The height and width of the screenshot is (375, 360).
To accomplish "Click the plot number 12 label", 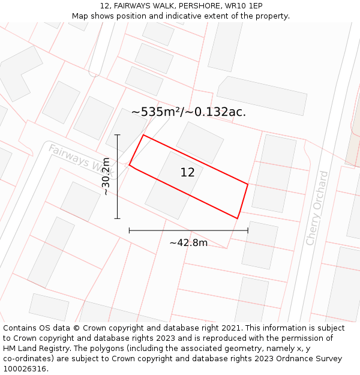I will pos(187,173).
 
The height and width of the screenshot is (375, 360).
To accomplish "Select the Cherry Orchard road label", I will pos(317,208).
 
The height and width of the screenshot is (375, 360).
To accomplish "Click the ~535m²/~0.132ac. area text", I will pos(188,112).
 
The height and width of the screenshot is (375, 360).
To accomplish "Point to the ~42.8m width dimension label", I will pos(188,243).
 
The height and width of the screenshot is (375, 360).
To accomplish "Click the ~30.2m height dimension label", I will pos(106,176).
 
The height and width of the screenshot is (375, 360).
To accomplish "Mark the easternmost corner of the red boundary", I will pos(248,184).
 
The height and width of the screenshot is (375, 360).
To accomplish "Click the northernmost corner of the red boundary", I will pos(143,135).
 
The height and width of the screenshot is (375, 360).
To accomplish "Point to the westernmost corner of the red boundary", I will pos(129,165).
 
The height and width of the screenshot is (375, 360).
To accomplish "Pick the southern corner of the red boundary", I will pos(238,218).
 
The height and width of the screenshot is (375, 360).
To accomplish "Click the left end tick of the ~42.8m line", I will pos(129,230).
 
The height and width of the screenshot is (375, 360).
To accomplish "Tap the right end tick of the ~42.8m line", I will pos(248,230).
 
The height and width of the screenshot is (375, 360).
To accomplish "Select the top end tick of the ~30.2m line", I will pos(117,135).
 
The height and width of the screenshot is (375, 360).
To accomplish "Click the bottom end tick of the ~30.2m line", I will pos(117,218).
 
